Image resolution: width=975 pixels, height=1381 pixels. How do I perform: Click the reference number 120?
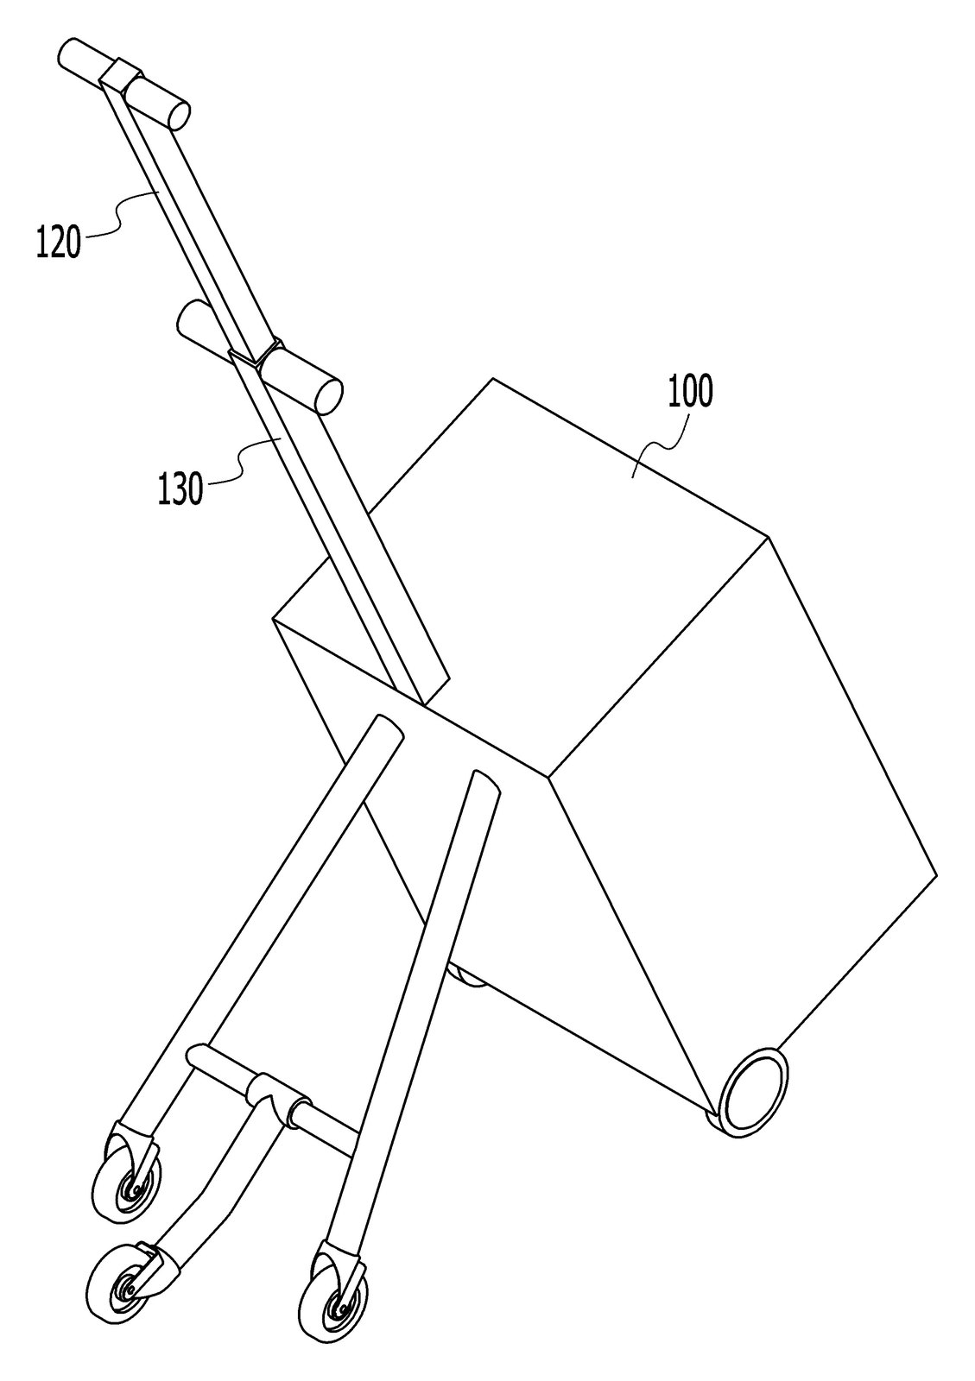point(59,243)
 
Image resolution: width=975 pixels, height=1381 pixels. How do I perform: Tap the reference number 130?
point(180,489)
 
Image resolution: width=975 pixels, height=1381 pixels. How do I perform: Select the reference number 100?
point(690,391)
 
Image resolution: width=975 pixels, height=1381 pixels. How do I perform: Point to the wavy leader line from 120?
point(119,212)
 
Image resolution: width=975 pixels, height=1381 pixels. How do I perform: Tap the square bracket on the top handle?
point(119,74)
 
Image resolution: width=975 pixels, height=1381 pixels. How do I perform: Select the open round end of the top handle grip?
point(180,116)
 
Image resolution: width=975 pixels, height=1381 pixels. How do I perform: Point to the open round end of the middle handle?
point(329,397)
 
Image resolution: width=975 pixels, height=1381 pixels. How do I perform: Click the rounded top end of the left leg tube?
point(386,725)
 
